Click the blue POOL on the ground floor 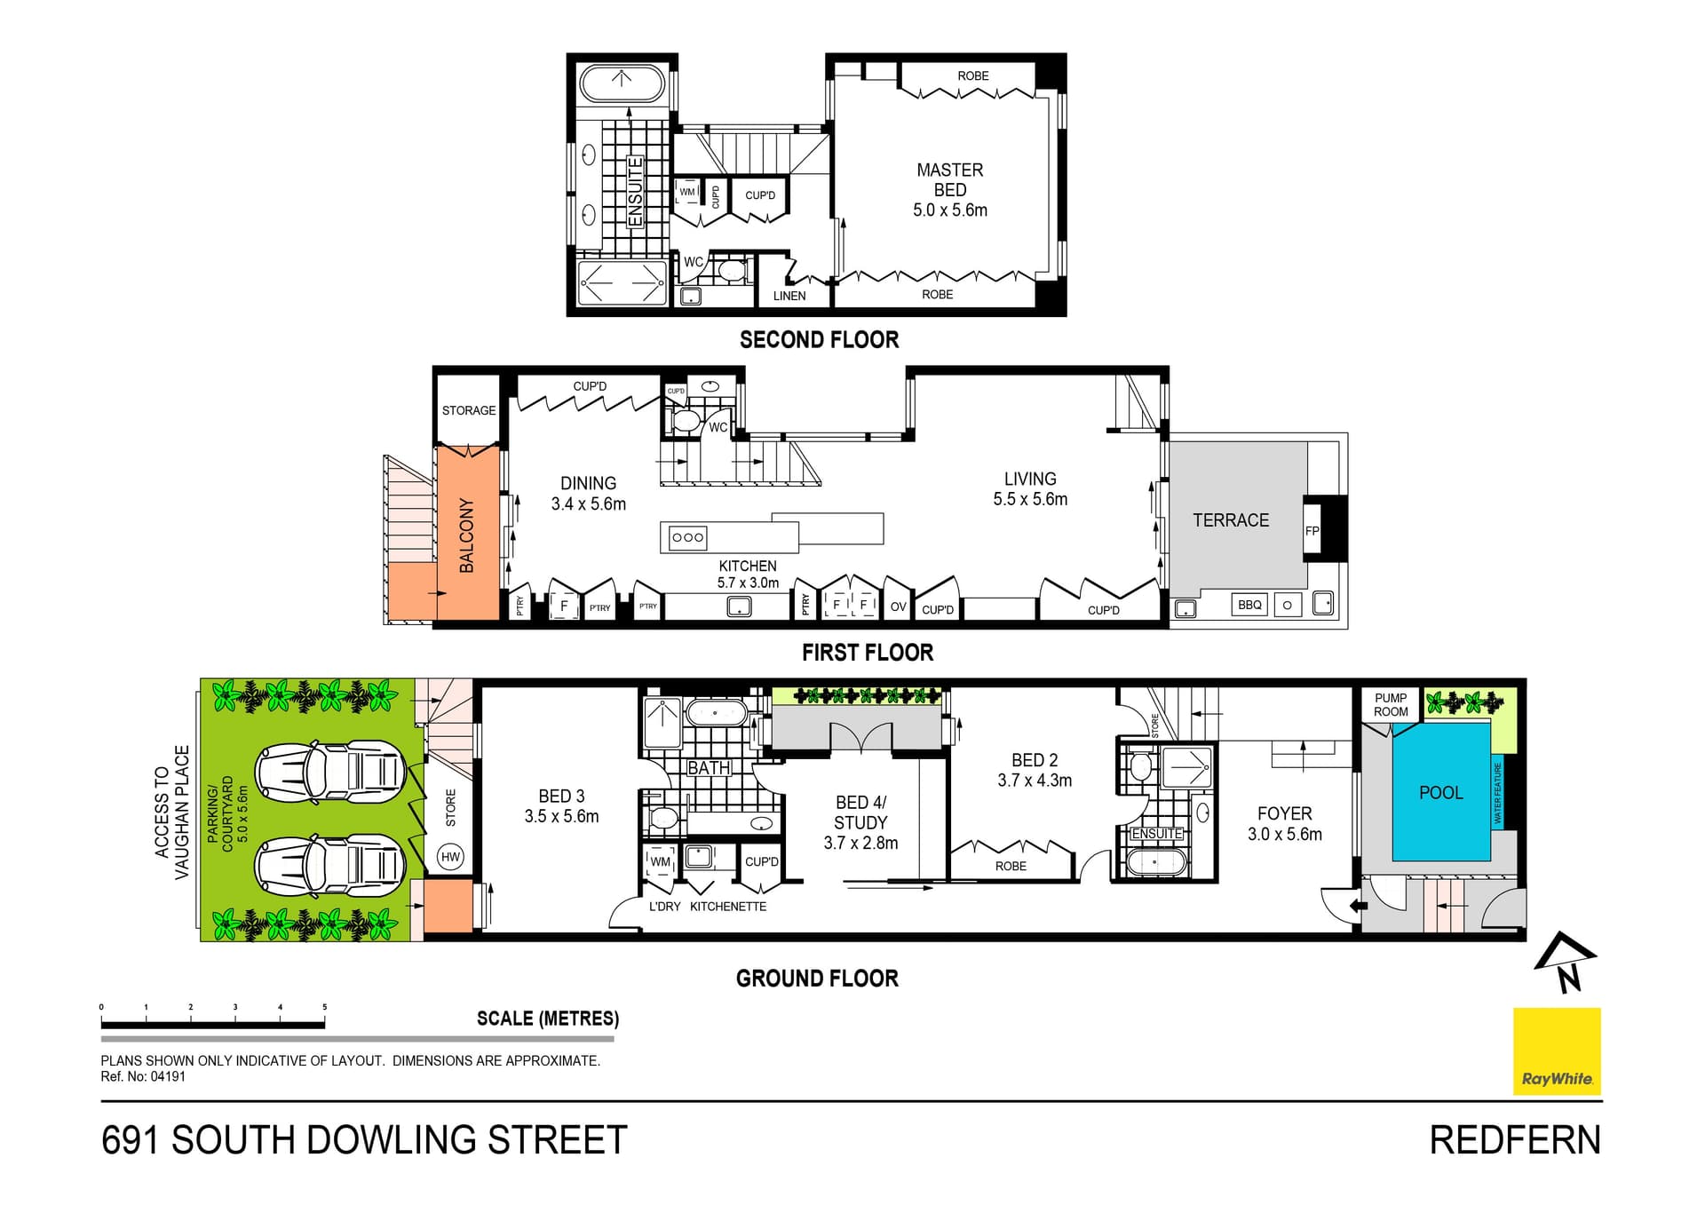tap(1440, 792)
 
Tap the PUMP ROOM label tap(1391, 705)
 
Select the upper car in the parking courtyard tap(329, 771)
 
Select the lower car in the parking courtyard tap(329, 864)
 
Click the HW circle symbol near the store tap(451, 857)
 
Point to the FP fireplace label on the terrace tap(1312, 531)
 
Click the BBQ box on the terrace tap(1249, 605)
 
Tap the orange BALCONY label tap(467, 535)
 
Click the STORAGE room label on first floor tap(469, 410)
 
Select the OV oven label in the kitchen tap(898, 606)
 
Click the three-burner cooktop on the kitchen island tap(688, 537)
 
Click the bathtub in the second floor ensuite tap(622, 84)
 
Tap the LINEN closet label tap(789, 296)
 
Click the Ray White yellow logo tap(1557, 1050)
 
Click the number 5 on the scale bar tap(325, 1007)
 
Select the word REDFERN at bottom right tap(1515, 1140)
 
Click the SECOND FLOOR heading tap(819, 339)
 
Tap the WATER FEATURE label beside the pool tap(1497, 793)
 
